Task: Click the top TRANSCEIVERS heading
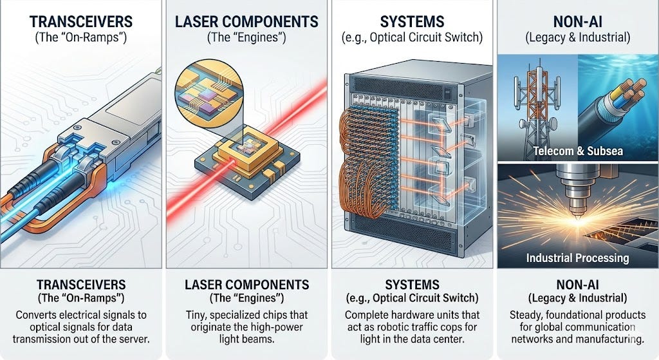(x=80, y=21)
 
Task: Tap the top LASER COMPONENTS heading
(x=246, y=21)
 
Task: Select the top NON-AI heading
(x=578, y=21)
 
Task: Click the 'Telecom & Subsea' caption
(x=578, y=151)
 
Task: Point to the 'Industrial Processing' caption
(x=577, y=258)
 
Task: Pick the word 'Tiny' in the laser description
(x=196, y=315)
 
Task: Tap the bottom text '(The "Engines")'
(x=246, y=298)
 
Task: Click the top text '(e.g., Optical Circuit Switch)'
(x=412, y=37)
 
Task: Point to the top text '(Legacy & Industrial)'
(x=578, y=37)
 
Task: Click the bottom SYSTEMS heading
(x=413, y=285)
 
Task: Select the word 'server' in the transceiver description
(x=133, y=339)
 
